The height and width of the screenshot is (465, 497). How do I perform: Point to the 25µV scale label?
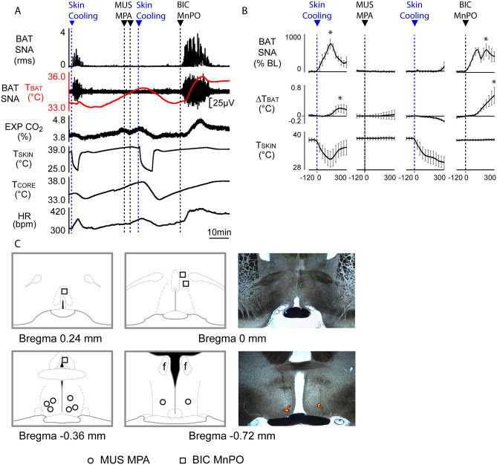223,101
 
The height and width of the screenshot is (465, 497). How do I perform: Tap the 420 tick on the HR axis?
59,211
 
